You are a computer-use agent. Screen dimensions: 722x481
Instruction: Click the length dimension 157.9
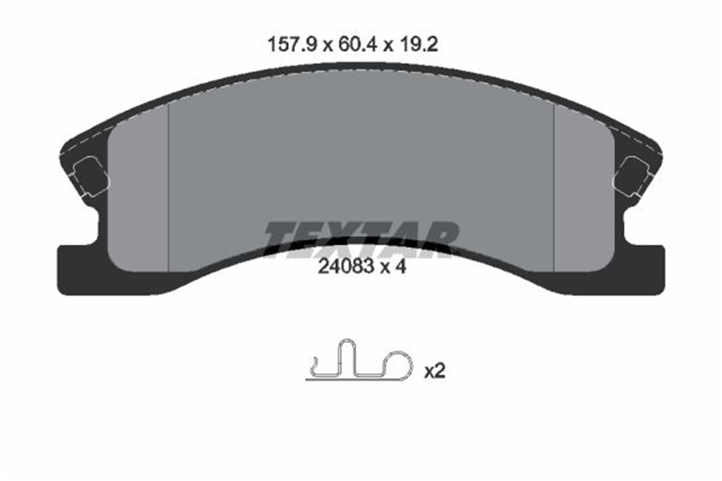pyautogui.click(x=292, y=44)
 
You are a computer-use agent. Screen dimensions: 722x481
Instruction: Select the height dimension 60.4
pyautogui.click(x=357, y=44)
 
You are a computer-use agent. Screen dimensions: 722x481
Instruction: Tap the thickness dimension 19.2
pyautogui.click(x=418, y=44)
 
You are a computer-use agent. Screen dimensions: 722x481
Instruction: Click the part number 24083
pyautogui.click(x=346, y=267)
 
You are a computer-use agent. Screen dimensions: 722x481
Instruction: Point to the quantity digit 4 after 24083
pyautogui.click(x=401, y=267)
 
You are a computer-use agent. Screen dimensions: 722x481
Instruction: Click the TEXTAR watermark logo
pyautogui.click(x=361, y=239)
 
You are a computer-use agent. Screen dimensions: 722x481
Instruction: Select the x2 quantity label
pyautogui.click(x=434, y=372)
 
